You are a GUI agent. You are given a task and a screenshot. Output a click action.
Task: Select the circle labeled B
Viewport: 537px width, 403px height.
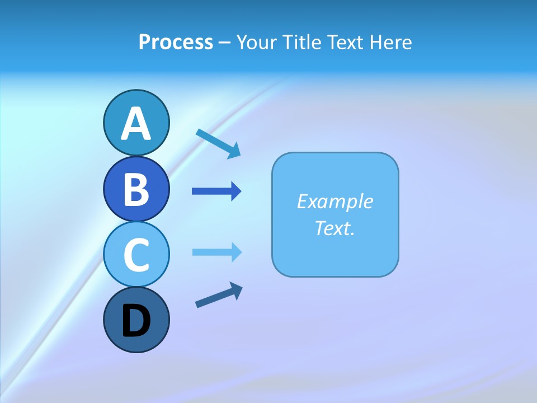(136, 189)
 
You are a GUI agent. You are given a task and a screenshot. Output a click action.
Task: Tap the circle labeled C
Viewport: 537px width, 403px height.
(136, 254)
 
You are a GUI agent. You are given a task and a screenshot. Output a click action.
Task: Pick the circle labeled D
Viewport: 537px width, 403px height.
(136, 320)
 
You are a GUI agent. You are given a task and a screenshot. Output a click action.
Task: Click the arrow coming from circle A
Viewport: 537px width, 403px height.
(219, 143)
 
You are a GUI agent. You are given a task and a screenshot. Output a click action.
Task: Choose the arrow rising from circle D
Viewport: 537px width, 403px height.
(219, 295)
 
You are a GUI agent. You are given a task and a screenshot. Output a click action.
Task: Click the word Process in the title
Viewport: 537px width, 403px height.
(176, 42)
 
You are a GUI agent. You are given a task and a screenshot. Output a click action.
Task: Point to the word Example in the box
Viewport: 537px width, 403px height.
(335, 201)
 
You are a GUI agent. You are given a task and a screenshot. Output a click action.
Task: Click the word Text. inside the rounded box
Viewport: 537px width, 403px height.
(335, 228)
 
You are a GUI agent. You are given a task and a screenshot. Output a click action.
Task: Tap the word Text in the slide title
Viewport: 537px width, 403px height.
(345, 43)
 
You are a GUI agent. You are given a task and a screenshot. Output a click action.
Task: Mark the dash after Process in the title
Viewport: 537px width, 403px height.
(224, 43)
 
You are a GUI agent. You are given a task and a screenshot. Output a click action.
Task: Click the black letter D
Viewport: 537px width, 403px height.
(136, 322)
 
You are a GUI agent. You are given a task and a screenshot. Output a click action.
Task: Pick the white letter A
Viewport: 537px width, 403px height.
(136, 124)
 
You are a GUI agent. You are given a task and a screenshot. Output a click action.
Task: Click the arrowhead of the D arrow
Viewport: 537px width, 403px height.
(237, 290)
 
